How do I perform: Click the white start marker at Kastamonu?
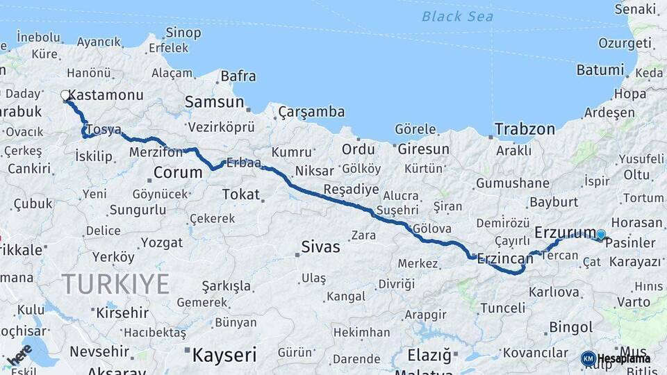pos(65,95)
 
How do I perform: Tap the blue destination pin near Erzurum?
pos(601,235)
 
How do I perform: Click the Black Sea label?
pos(457,16)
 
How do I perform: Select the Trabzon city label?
pos(525,129)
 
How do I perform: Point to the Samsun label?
pos(214,103)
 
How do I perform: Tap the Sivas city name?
pos(320,247)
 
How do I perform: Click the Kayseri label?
pos(224,355)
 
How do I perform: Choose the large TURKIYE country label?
pos(115,284)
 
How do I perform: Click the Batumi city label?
pos(600,70)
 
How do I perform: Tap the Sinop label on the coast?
pos(183,33)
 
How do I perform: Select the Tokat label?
pos(240,195)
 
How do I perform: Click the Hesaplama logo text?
pos(623,358)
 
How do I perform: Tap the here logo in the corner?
pos(19,354)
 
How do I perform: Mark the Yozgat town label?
pos(162,242)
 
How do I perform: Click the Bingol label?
pos(570,327)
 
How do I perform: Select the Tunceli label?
pos(502,308)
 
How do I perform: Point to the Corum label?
pos(177,172)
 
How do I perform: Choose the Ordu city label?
pos(358,149)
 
